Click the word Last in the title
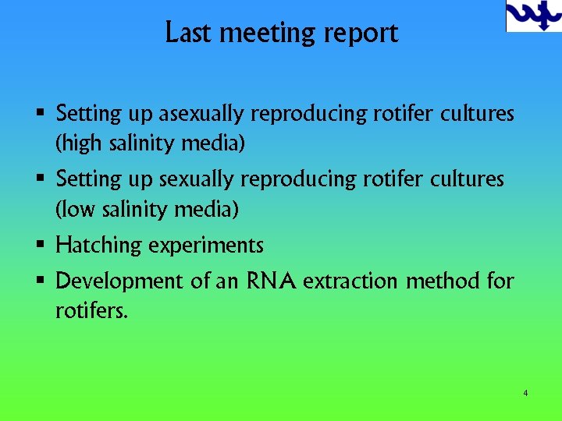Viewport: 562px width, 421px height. pyautogui.click(x=187, y=33)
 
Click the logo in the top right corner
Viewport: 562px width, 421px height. pyautogui.click(x=533, y=16)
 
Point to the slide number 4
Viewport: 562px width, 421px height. pyautogui.click(x=525, y=393)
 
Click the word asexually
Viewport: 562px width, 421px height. pyautogui.click(x=201, y=114)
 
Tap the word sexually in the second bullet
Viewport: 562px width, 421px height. pyautogui.click(x=196, y=179)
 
